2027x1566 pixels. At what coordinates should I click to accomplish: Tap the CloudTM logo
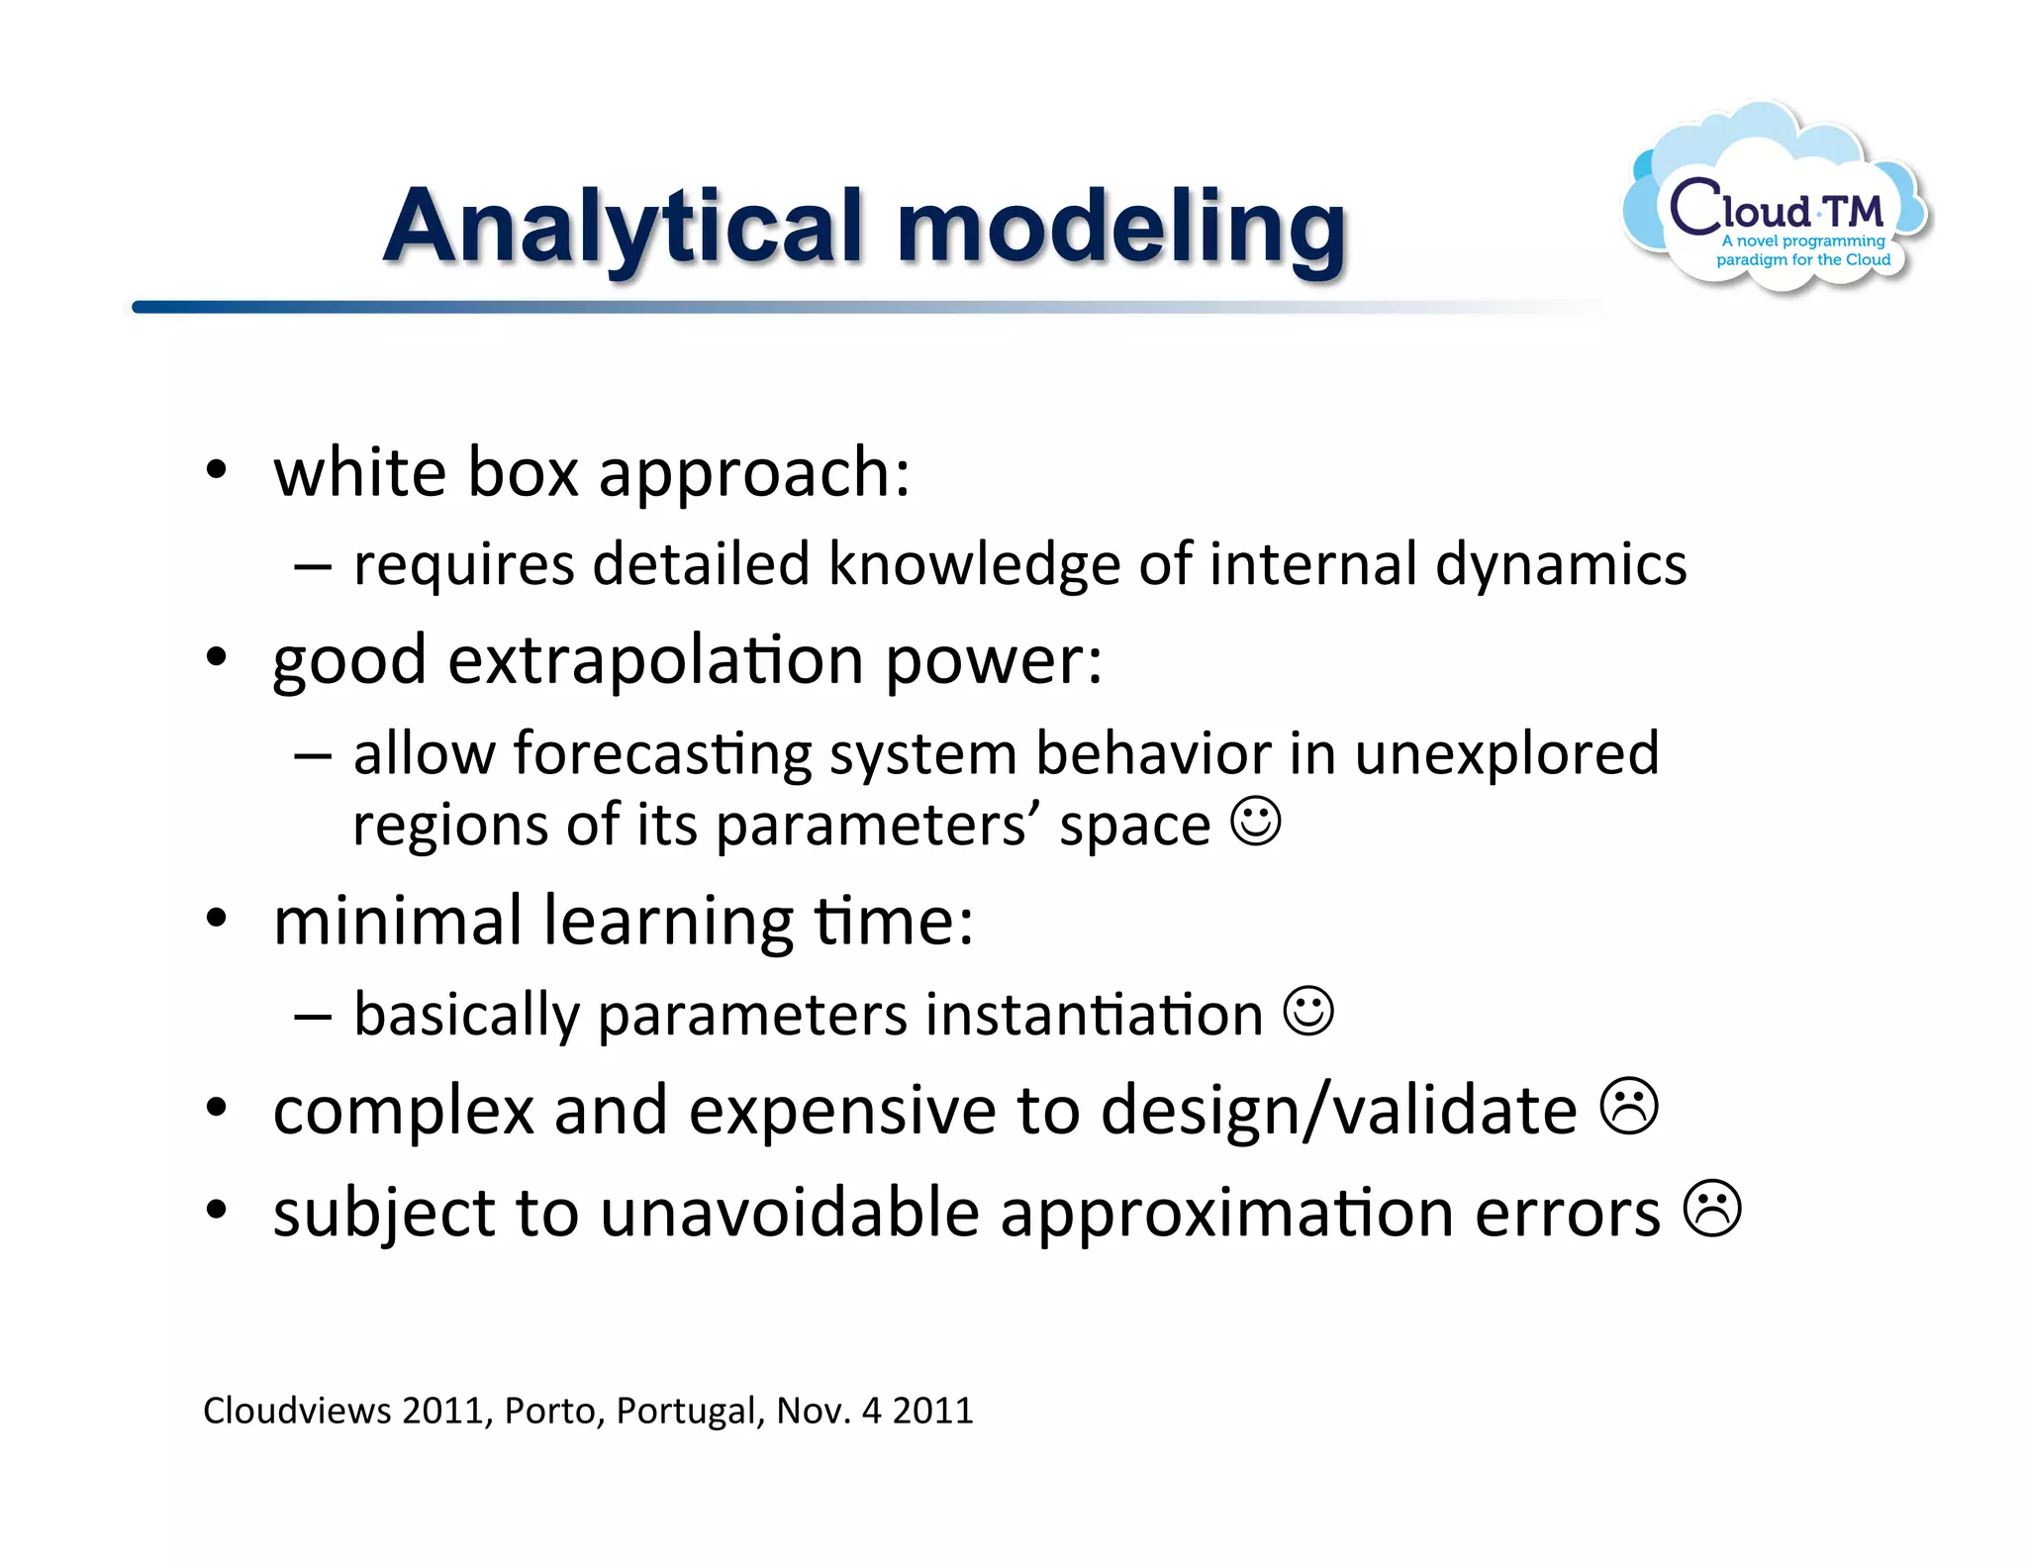[1777, 203]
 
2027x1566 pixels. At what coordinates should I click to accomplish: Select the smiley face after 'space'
[1256, 822]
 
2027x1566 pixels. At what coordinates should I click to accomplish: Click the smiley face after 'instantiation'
[1308, 1011]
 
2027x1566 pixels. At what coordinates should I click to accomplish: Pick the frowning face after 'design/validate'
[1629, 1107]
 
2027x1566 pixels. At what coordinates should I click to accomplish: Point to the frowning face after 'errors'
[1712, 1209]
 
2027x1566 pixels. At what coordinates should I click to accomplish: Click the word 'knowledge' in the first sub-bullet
[974, 565]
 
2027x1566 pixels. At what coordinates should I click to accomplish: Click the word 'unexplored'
[1505, 754]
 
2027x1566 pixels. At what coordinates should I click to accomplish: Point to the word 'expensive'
[842, 1111]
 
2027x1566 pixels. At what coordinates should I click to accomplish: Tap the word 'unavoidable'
[789, 1214]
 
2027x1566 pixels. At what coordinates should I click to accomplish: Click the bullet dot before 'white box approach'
[217, 470]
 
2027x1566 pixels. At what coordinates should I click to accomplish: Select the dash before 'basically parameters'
[313, 1017]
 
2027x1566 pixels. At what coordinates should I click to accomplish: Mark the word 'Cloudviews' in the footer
[297, 1411]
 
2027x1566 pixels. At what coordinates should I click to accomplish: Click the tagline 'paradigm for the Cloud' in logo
[1802, 260]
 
